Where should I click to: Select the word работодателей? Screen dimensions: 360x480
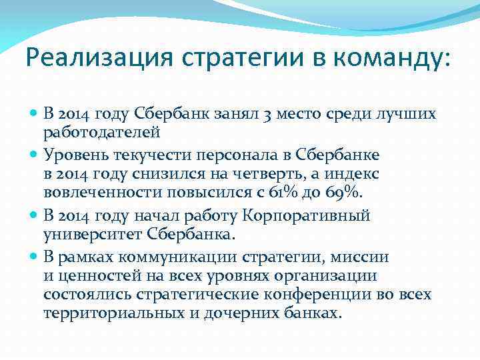pos(101,132)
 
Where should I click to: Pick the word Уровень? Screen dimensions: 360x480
pos(74,155)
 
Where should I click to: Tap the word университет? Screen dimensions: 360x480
pos(87,234)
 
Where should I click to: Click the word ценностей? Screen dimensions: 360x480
pos(89,276)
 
